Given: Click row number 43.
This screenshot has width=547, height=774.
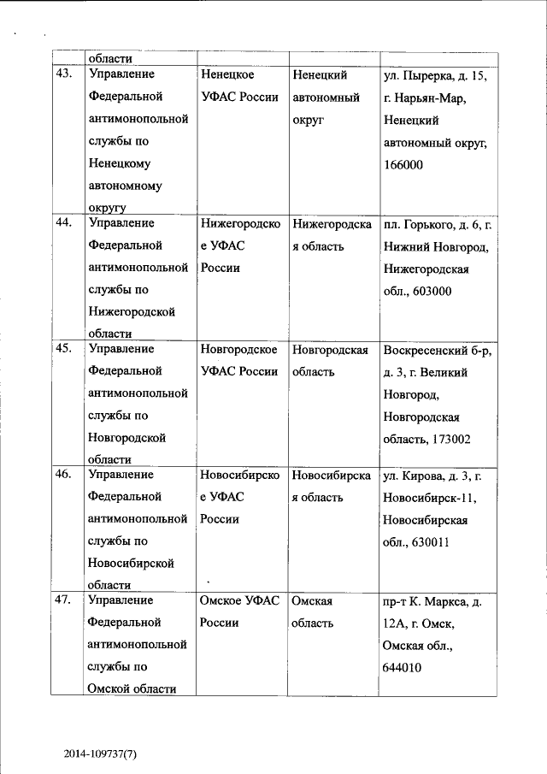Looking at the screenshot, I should click(x=63, y=74).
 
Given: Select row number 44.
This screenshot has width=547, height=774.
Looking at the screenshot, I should click(x=63, y=224).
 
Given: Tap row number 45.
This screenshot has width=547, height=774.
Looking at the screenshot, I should click(x=63, y=349).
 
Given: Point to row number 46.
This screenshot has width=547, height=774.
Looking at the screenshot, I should click(x=63, y=475).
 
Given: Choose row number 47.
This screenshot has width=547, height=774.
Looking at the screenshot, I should click(x=63, y=600).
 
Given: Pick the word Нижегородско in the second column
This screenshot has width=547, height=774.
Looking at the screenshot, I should click(x=240, y=224).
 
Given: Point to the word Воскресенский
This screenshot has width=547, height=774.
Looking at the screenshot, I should click(x=424, y=350).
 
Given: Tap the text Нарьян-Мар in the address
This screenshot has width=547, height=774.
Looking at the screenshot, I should click(x=431, y=98).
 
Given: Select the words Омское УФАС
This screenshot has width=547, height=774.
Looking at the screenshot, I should click(x=239, y=601).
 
